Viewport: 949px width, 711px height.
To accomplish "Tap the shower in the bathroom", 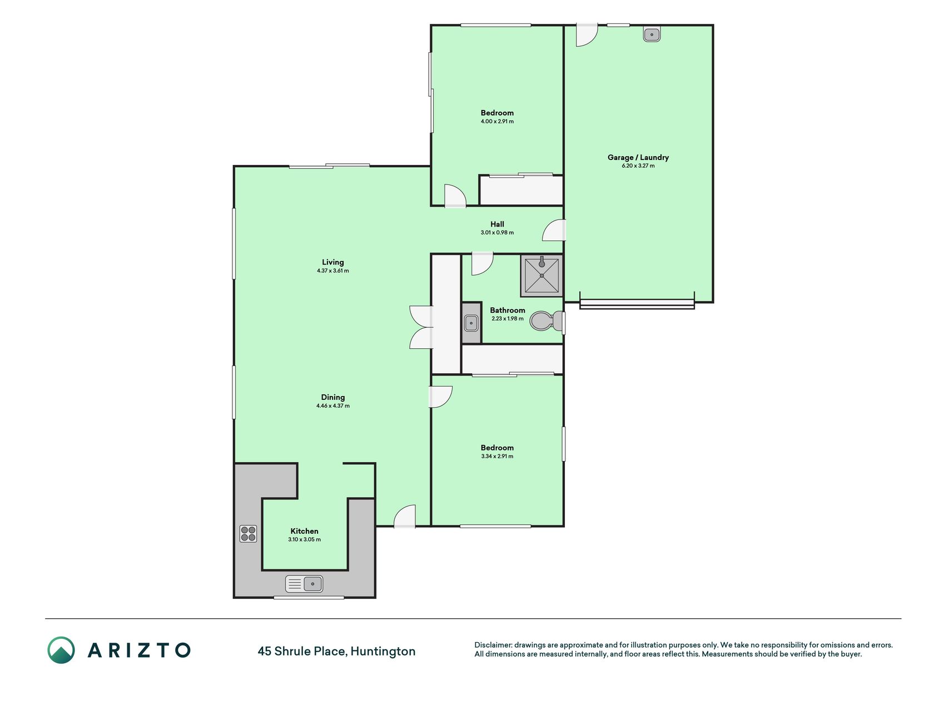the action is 541,276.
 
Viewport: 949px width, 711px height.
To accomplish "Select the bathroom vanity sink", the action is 471,322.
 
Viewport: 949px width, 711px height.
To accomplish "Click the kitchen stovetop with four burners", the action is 248,534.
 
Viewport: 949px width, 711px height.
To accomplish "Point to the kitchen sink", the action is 304,584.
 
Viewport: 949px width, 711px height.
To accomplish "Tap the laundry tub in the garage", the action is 652,34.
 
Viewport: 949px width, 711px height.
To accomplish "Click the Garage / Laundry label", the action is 638,157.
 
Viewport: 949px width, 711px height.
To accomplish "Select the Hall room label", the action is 497,224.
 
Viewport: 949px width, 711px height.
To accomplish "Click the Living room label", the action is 333,262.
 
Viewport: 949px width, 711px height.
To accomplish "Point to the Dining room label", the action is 333,397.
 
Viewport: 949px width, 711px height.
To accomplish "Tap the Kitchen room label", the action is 305,531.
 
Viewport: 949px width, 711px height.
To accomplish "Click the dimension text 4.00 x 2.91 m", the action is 497,121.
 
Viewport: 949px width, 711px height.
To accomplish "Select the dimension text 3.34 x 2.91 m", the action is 497,456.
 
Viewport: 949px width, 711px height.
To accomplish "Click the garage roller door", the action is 637,303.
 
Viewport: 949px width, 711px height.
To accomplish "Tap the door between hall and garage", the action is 554,230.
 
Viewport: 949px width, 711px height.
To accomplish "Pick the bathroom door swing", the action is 482,263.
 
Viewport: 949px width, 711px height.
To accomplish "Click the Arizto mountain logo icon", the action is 61,650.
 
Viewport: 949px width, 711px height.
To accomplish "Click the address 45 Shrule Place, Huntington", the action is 336,651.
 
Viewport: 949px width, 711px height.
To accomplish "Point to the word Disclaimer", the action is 493,645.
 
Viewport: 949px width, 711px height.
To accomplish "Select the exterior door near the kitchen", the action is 405,516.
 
